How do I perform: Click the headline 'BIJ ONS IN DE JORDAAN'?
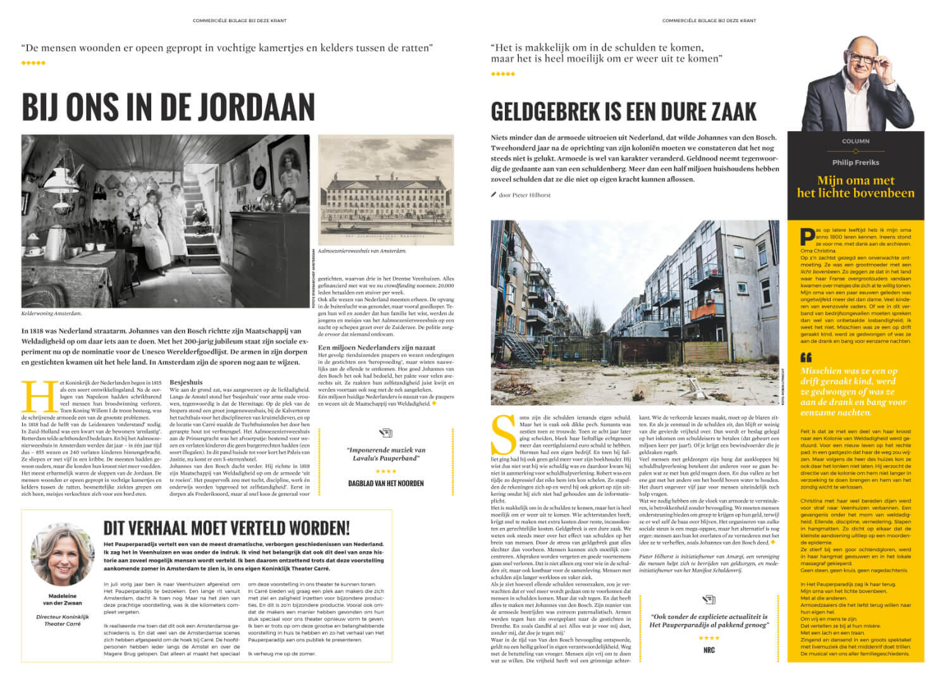168,106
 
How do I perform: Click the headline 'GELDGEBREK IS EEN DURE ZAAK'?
623,112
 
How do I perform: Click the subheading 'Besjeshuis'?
186,382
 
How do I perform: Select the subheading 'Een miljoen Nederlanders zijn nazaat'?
376,347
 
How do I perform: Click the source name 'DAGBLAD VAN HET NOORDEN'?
386,483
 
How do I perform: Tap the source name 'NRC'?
709,649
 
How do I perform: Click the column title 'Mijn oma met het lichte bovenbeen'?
855,187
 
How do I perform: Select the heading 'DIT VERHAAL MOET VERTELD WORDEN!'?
226,527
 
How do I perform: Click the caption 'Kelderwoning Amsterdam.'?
52,313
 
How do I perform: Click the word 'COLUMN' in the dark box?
855,141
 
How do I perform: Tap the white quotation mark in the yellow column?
806,357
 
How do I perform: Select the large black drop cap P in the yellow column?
807,236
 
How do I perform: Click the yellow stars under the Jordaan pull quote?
34,63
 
